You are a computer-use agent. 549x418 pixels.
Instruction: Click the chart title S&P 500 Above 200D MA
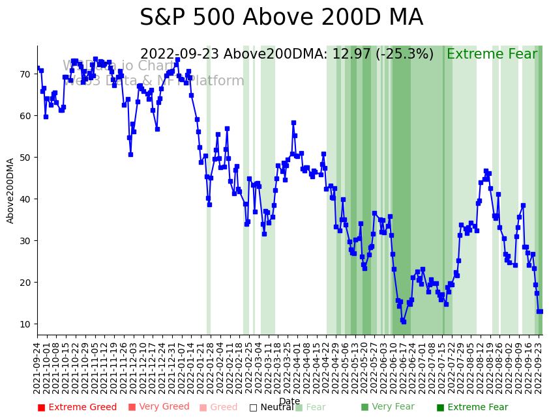point(281,18)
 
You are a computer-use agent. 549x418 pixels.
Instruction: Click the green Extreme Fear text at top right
point(492,55)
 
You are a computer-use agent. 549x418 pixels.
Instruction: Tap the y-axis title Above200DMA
point(10,191)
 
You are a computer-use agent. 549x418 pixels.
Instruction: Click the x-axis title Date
point(289,402)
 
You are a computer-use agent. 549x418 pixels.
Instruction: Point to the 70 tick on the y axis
point(25,74)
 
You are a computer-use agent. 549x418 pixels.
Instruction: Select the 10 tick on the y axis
point(25,324)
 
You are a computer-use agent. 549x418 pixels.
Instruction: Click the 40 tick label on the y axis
point(25,199)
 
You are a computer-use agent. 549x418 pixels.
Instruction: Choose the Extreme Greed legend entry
point(77,408)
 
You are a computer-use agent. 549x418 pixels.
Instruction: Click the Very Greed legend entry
point(158,408)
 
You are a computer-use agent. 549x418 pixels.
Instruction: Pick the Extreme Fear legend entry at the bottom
point(472,408)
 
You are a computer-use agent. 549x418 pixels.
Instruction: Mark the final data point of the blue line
point(540,311)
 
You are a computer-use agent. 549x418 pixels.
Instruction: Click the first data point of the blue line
point(38,68)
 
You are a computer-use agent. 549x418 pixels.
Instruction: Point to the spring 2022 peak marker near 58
point(293,122)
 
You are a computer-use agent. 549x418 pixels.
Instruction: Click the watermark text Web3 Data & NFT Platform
point(154,81)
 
